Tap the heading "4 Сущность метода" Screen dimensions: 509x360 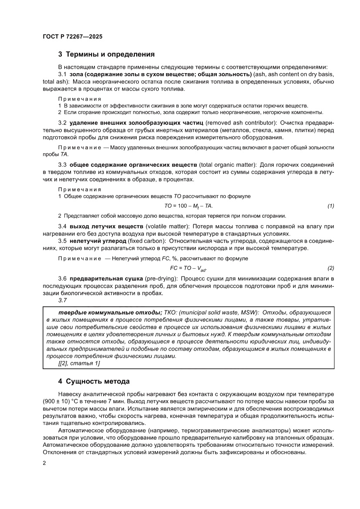tap(94, 381)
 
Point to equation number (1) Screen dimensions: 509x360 tap(330, 206)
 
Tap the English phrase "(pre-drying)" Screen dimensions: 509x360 tap(155, 278)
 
